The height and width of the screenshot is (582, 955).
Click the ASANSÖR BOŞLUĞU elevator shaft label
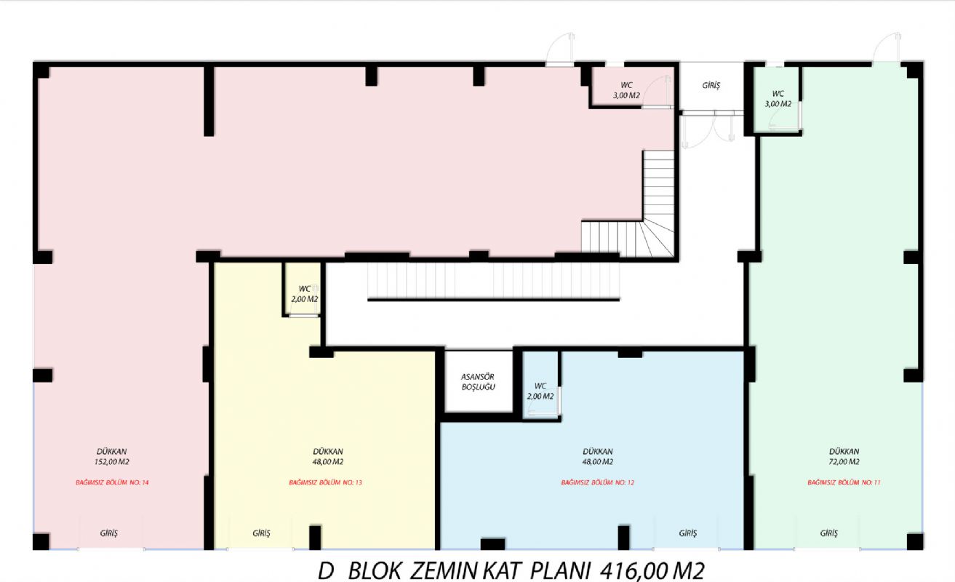478,382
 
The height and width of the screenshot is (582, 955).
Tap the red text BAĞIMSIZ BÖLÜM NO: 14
112,482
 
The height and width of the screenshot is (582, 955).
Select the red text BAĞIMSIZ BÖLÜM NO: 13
325,482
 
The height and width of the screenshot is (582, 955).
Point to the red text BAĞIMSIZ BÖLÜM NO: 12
597,482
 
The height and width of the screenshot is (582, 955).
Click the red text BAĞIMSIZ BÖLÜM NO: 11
844,482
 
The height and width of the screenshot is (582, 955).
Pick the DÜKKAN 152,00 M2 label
112,456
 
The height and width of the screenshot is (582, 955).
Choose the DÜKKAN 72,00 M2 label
844,456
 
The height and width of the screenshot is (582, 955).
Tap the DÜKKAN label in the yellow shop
328,451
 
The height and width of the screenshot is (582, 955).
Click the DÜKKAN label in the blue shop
598,451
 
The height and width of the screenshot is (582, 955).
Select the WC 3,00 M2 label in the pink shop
626,90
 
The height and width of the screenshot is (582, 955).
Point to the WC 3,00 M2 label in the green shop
778,99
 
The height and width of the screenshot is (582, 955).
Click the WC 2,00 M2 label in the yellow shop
305,294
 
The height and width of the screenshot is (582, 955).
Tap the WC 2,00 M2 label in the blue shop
540,391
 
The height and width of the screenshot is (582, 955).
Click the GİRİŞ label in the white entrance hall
711,86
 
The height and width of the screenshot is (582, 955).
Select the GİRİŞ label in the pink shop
108,533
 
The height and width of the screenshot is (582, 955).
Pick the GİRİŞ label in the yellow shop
261,533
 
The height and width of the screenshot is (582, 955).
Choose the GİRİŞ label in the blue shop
687,533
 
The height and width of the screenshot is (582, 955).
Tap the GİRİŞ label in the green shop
828,533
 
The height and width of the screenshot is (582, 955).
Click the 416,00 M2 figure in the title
652,571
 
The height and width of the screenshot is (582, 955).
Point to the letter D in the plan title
326,571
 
